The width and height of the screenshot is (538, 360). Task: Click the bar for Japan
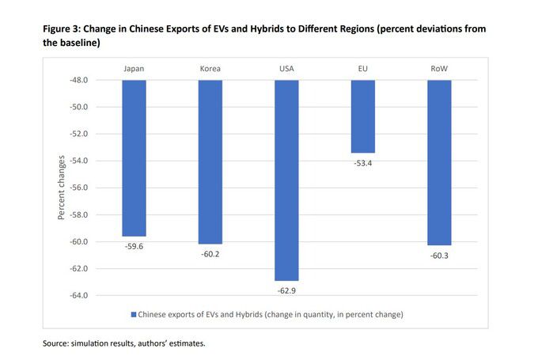134,158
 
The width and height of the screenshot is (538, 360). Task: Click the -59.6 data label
134,247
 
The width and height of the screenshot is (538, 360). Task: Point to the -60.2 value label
210,255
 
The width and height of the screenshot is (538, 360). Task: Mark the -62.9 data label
286,291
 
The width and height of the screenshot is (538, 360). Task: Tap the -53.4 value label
363,164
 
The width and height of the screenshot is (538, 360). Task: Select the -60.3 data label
439,256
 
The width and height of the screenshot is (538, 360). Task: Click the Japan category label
134,69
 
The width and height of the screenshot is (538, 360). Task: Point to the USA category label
286,69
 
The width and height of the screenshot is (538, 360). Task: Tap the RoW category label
439,69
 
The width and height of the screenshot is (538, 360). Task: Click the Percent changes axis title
61,188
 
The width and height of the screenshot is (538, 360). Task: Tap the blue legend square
133,315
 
